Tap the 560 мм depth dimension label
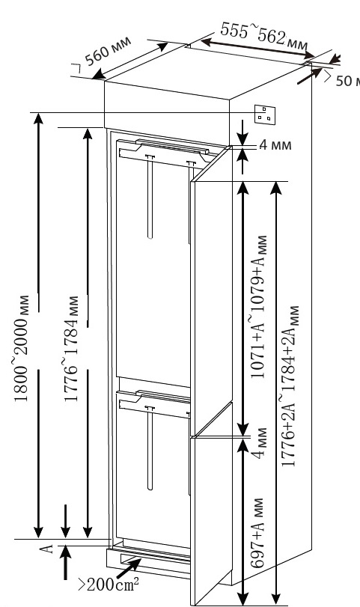pyautogui.click(x=105, y=53)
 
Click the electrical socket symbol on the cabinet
pyautogui.click(x=265, y=115)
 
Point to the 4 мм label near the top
pyautogui.click(x=275, y=145)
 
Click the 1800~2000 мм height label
pyautogui.click(x=22, y=348)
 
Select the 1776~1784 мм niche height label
pyautogui.click(x=71, y=348)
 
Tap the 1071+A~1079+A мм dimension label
pyautogui.click(x=258, y=307)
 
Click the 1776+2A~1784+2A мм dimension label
pyautogui.click(x=290, y=386)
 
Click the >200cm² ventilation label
pyautogui.click(x=109, y=584)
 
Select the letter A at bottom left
pyautogui.click(x=47, y=548)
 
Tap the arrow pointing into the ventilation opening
pyautogui.click(x=129, y=568)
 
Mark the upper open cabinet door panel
pyautogui.click(x=211, y=290)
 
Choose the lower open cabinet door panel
pyautogui.click(x=212, y=503)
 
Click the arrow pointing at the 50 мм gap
pyautogui.click(x=310, y=76)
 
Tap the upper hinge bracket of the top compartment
pyautogui.click(x=166, y=151)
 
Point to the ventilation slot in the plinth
pyautogui.click(x=155, y=560)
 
